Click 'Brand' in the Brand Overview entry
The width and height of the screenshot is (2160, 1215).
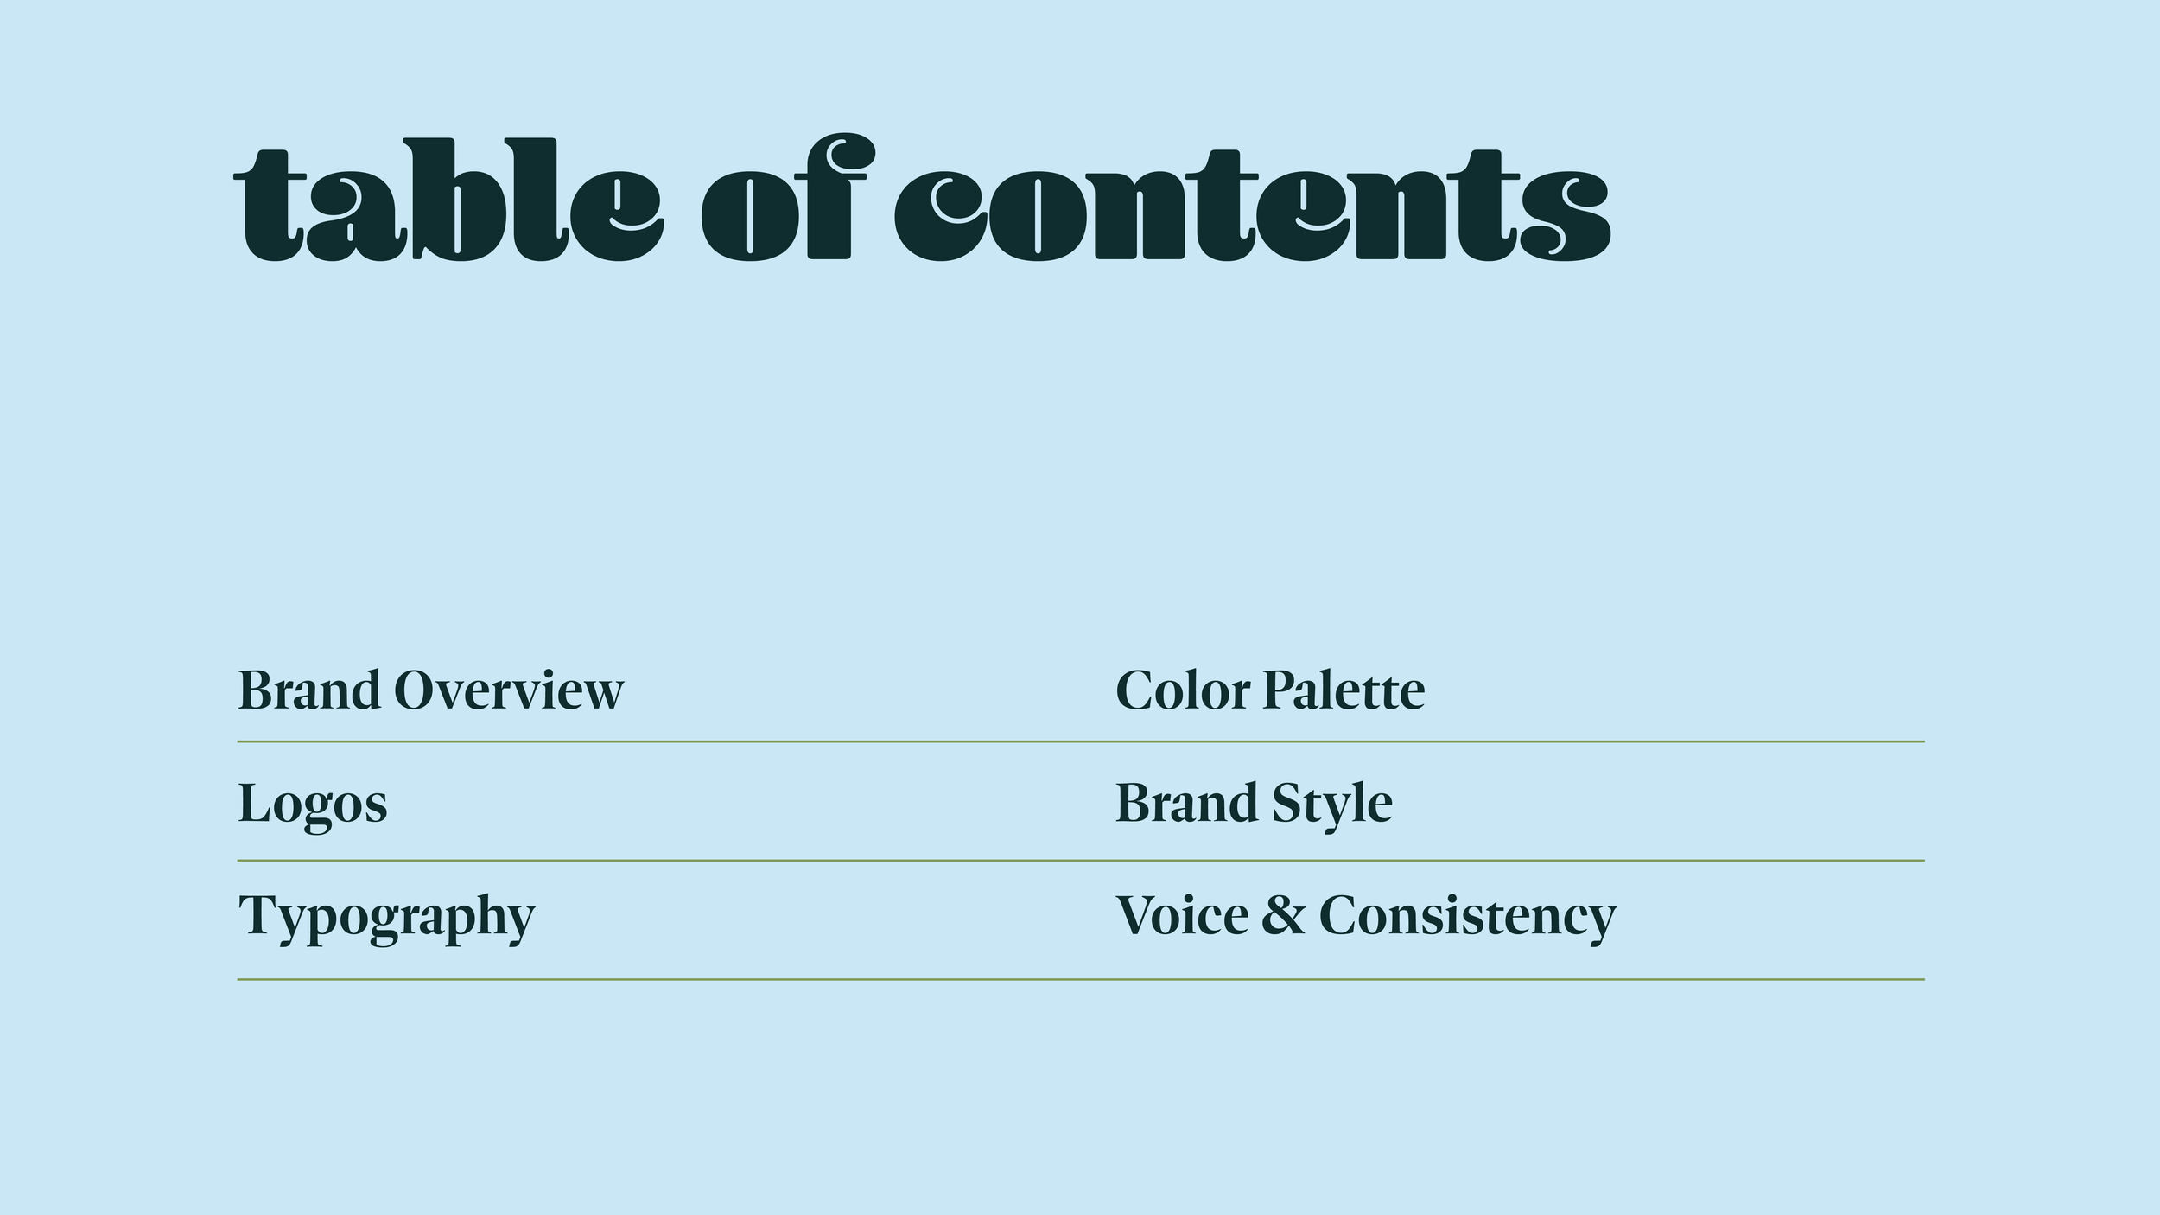308,691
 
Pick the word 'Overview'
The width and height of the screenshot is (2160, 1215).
508,691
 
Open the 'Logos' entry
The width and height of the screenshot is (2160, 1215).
312,805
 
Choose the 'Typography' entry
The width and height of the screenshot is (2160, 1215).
386,917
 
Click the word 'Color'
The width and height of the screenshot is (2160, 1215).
1182,691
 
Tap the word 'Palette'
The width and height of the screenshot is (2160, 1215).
1344,691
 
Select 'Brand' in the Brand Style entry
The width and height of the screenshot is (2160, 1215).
1185,804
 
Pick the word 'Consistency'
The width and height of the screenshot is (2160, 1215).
1467,918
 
